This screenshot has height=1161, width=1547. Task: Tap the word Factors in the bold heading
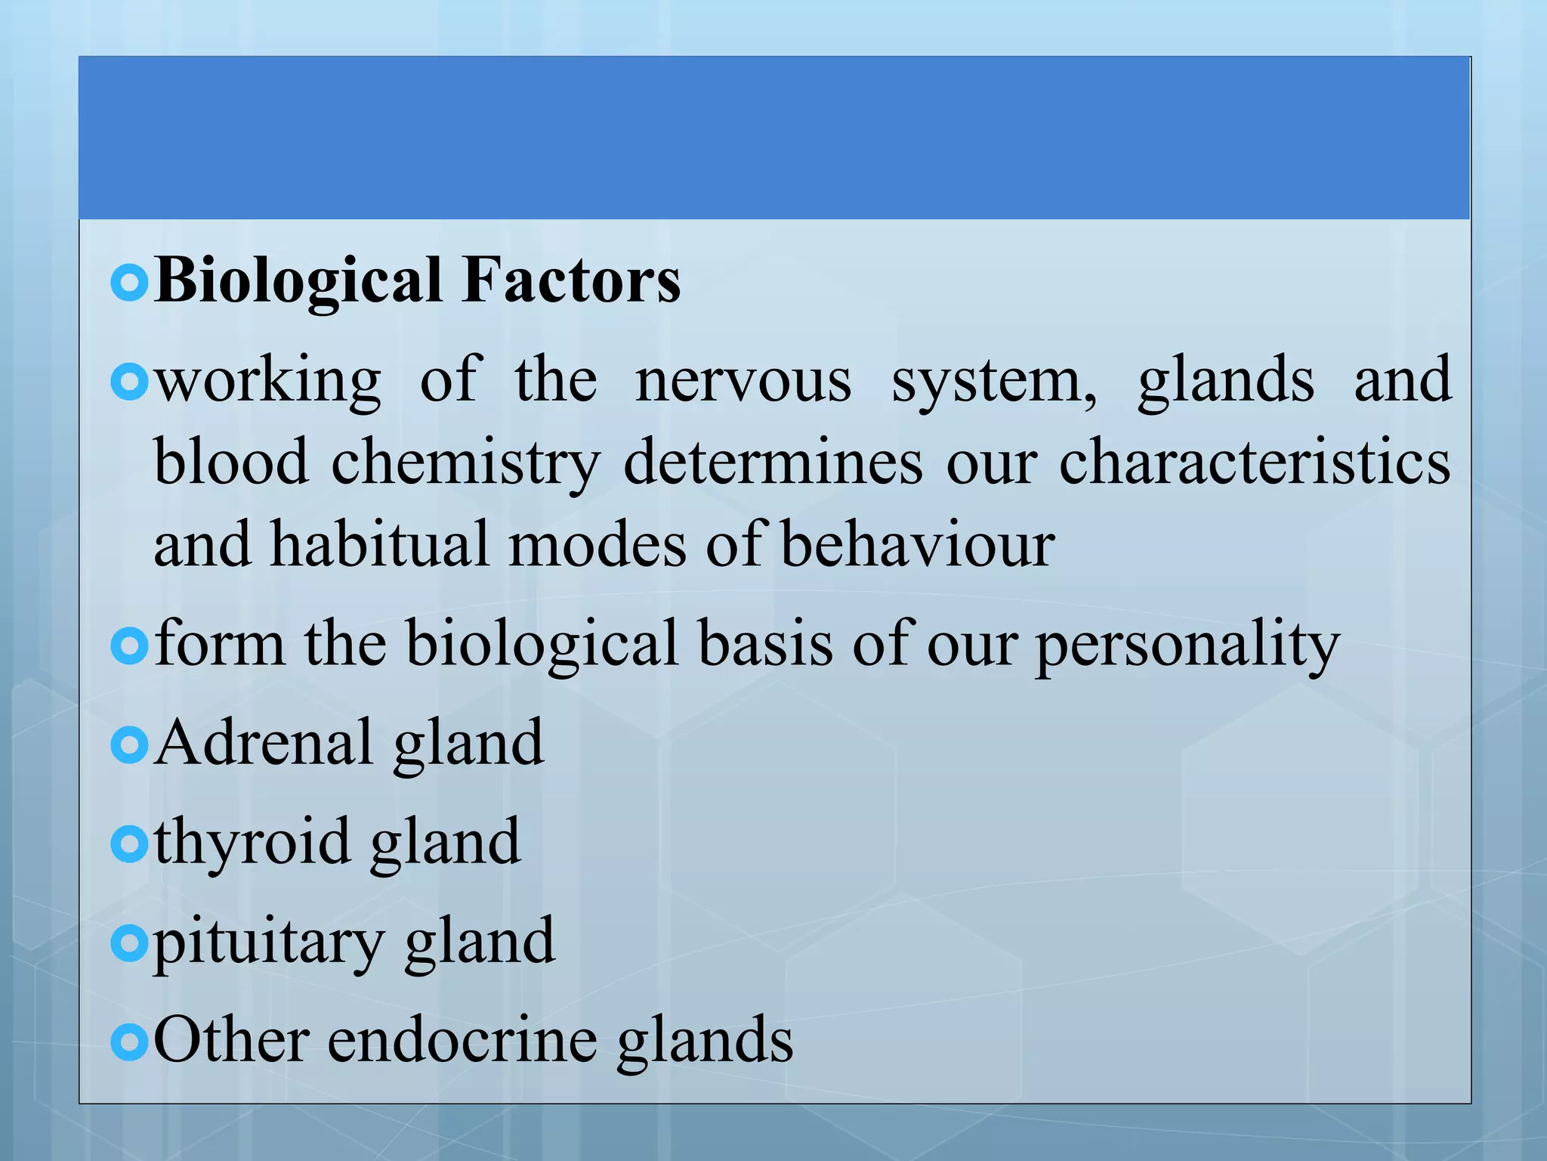point(571,280)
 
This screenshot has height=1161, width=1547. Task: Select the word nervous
point(743,379)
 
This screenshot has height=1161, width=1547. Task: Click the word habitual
point(380,543)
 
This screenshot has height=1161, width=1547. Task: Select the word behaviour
point(917,543)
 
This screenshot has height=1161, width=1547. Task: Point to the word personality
point(1187,645)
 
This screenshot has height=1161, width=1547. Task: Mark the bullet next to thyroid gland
point(130,844)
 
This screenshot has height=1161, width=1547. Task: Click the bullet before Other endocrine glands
point(130,1043)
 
